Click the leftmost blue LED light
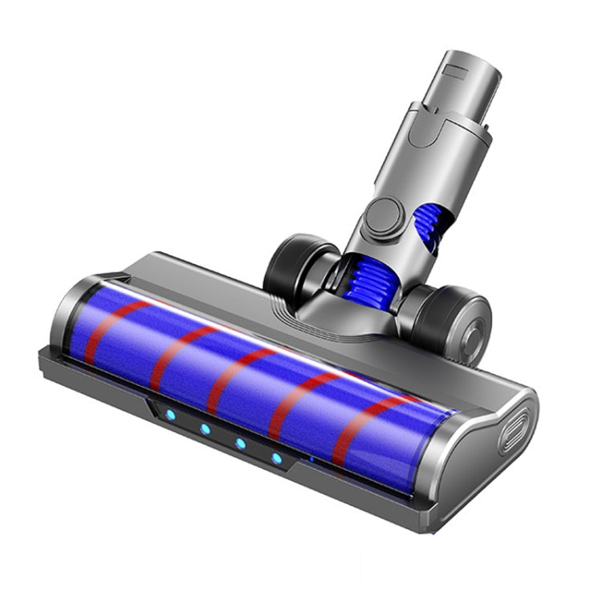click(169, 415)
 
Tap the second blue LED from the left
click(205, 429)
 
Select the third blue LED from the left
click(240, 443)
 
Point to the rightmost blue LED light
click(277, 458)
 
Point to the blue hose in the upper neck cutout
click(429, 226)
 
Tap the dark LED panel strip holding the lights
click(225, 437)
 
